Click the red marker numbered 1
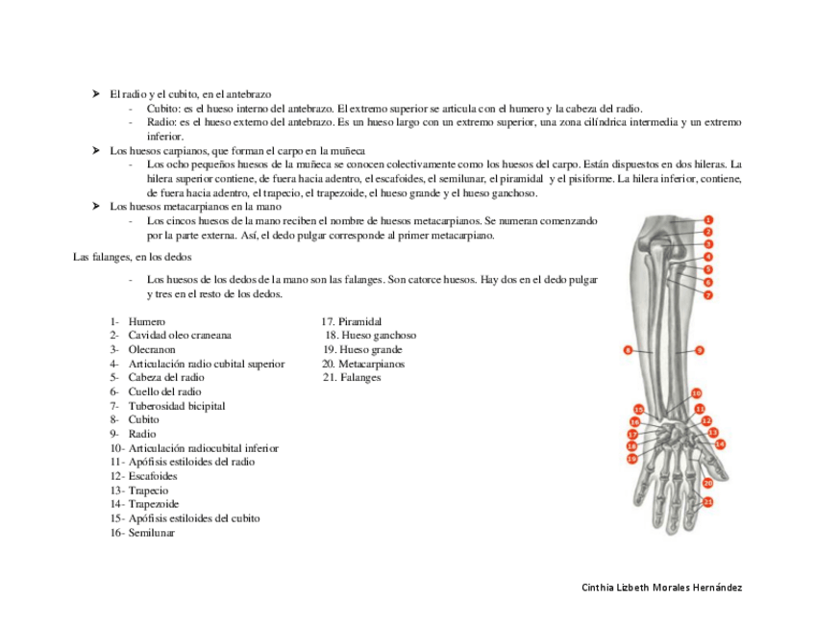coord(708,219)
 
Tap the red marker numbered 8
coord(627,350)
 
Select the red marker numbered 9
coord(700,350)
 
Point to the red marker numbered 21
coord(708,501)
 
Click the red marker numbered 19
coord(632,459)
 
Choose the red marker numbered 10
coord(697,392)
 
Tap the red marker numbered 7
coord(708,294)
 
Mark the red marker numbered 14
coord(720,443)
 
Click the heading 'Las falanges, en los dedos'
coord(133,257)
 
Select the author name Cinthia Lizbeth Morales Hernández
coord(662,588)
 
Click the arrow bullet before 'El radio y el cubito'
coord(97,94)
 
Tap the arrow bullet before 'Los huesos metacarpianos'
coord(97,206)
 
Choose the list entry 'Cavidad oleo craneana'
coord(180,336)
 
